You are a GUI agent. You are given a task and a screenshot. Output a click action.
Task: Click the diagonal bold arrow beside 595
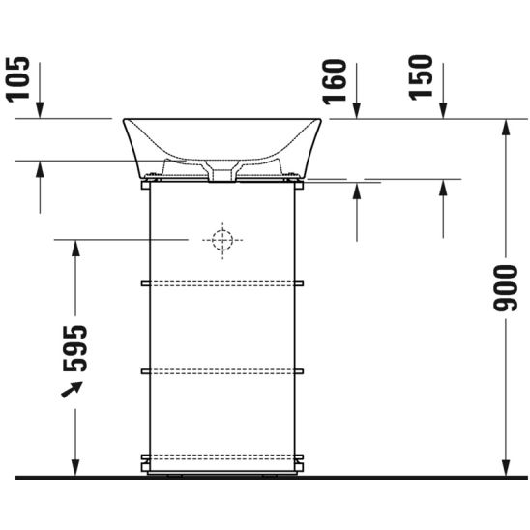70,389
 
